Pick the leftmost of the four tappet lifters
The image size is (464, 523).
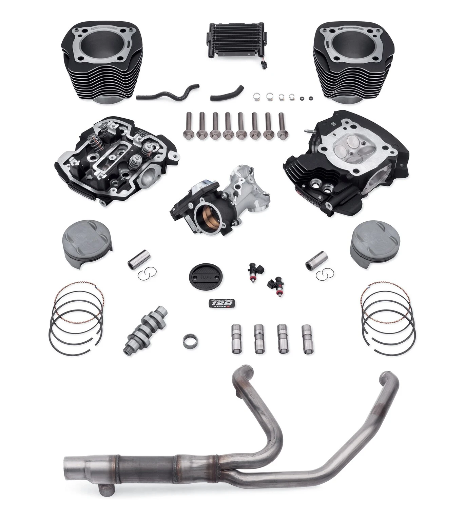(x=236, y=339)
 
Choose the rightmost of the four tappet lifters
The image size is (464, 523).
(x=307, y=340)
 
